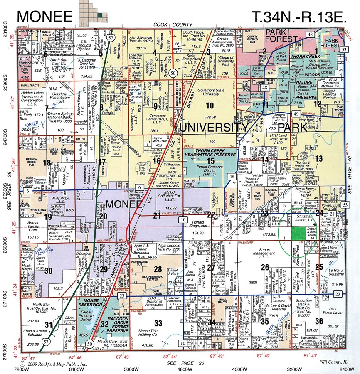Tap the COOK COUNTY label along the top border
pos(170,25)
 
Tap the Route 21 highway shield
pos(332,214)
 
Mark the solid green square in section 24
pos(297,233)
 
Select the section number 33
pos(158,323)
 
